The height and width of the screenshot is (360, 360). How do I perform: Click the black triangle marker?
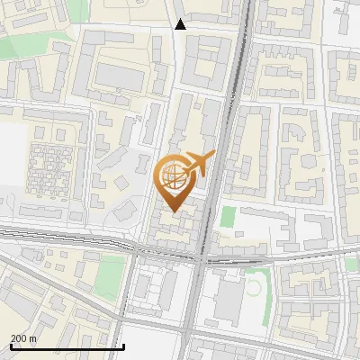pyautogui.click(x=181, y=24)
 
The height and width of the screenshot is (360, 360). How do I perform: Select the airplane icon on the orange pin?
pyautogui.click(x=200, y=163)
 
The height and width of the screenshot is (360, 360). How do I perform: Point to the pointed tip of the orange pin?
pyautogui.click(x=174, y=211)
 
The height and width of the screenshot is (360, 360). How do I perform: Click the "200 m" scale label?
pyautogui.click(x=23, y=338)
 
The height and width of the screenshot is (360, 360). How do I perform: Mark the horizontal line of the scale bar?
pyautogui.click(x=67, y=346)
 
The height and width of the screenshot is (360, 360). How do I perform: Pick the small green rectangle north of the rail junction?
pyautogui.click(x=229, y=217)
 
